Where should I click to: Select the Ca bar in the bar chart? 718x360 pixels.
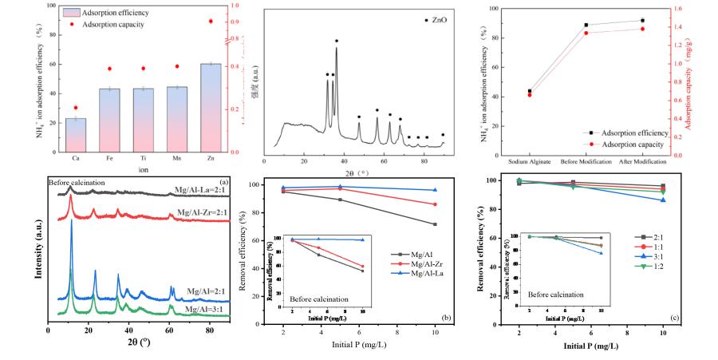click(x=76, y=135)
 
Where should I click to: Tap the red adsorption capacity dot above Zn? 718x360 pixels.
click(x=211, y=22)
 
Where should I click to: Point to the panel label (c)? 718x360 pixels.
click(x=675, y=318)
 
